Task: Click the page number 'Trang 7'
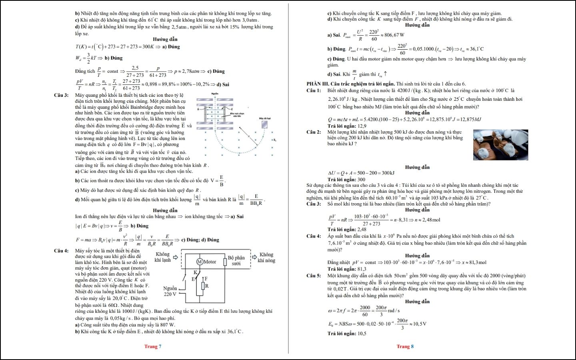click(x=153, y=346)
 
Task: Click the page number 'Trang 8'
click(x=405, y=346)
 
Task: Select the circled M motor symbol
click(x=200, y=262)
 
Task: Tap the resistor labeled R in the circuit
click(x=203, y=286)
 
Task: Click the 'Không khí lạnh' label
click(x=163, y=257)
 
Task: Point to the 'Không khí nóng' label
click(x=266, y=257)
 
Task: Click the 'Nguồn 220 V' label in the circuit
click(x=170, y=291)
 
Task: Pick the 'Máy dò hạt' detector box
click(x=264, y=124)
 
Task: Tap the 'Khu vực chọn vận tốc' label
click(x=237, y=114)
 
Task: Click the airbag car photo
click(x=500, y=145)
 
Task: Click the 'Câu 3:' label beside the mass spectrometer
click(x=61, y=95)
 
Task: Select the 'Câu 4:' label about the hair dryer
click(x=61, y=251)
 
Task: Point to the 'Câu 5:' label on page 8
click(x=314, y=276)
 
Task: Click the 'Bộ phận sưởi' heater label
click(x=236, y=260)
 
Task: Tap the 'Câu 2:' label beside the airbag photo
click(x=314, y=132)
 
